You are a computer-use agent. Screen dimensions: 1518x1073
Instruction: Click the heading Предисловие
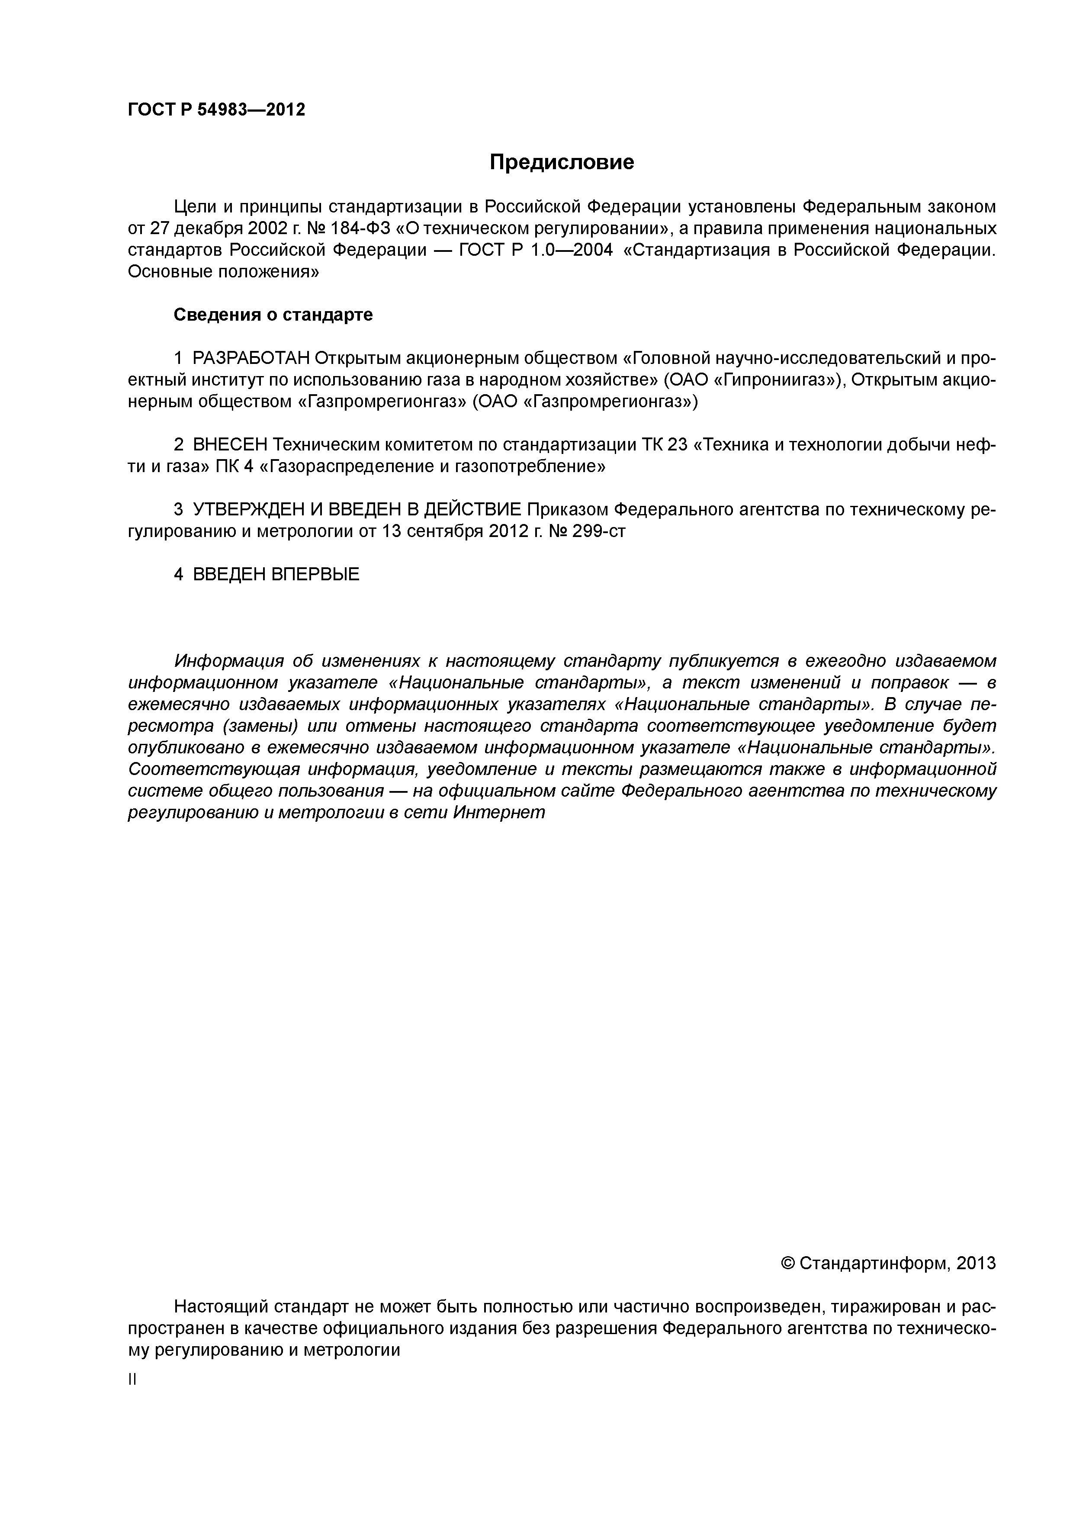pos(561,162)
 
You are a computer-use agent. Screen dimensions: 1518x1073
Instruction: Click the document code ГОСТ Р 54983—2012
pos(216,110)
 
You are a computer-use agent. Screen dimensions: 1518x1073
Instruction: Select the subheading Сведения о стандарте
pos(273,315)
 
